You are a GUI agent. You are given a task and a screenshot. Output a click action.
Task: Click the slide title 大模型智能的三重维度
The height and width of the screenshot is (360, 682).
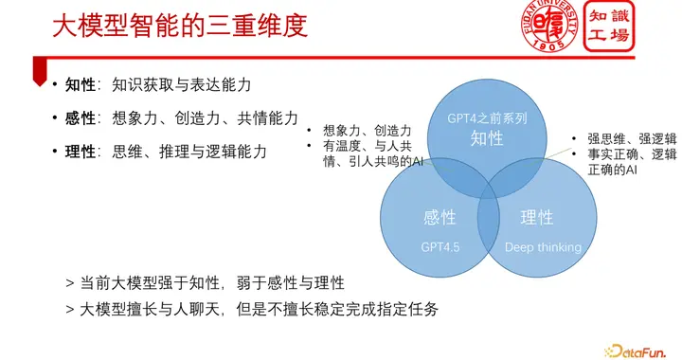click(x=180, y=26)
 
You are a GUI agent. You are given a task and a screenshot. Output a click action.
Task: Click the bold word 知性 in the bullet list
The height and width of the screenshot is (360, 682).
click(x=81, y=85)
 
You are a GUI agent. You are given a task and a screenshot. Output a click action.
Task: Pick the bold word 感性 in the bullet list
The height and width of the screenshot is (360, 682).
click(x=81, y=118)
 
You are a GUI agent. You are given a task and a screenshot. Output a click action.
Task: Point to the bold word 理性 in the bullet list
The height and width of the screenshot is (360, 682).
click(x=81, y=151)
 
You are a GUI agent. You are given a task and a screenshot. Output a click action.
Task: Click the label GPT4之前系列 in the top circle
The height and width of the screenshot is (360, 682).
click(x=487, y=119)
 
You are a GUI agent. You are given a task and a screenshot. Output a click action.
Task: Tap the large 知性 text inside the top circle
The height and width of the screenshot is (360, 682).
click(x=487, y=139)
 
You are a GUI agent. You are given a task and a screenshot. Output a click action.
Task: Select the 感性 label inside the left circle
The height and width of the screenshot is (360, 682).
click(x=440, y=218)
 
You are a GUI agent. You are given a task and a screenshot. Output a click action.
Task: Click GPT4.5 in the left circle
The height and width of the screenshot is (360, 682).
click(x=440, y=247)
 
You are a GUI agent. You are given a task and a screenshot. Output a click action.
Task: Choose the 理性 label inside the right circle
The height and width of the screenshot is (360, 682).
click(x=537, y=218)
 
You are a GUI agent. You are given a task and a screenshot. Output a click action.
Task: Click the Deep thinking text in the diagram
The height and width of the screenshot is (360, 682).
click(x=543, y=247)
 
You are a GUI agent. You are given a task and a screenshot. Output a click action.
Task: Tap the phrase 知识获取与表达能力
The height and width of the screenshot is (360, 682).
click(x=182, y=85)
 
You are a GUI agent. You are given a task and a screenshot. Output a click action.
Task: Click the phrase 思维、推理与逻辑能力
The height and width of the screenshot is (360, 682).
click(x=189, y=151)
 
